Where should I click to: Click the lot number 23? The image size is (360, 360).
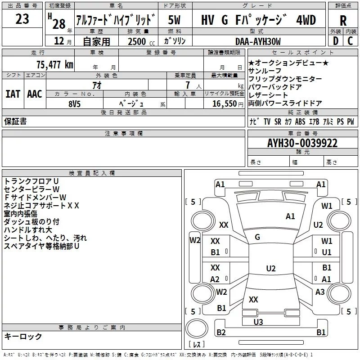pyautogui.click(x=22, y=19)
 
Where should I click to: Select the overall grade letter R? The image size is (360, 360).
pyautogui.click(x=343, y=21)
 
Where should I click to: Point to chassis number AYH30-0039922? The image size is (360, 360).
pyautogui.click(x=302, y=143)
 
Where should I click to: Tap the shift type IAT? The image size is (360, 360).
pyautogui.click(x=13, y=94)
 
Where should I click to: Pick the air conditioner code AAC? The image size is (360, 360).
pyautogui.click(x=34, y=94)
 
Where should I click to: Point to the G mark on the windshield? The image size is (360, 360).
pyautogui.click(x=257, y=237)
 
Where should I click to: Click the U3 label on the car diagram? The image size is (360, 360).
pyautogui.click(x=258, y=322)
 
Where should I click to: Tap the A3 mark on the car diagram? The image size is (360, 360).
pyautogui.click(x=320, y=292)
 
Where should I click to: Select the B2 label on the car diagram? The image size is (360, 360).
pyautogui.click(x=221, y=333)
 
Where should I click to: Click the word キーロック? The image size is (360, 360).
pyautogui.click(x=23, y=336)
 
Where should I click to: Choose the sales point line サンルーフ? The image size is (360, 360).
pyautogui.click(x=265, y=71)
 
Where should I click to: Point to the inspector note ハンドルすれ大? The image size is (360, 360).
pyautogui.click(x=28, y=230)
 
